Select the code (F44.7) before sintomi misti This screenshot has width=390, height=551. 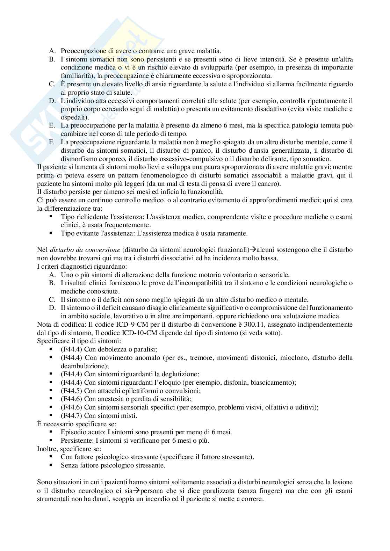click(x=71, y=415)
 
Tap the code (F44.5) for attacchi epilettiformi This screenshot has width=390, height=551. click(x=71, y=391)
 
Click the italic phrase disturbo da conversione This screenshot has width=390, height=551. click(x=85, y=250)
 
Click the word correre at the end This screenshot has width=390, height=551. click(x=251, y=499)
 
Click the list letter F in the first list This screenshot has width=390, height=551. click(x=51, y=142)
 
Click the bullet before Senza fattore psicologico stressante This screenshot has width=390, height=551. click(x=51, y=465)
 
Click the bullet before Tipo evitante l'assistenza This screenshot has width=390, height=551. click(x=51, y=233)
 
